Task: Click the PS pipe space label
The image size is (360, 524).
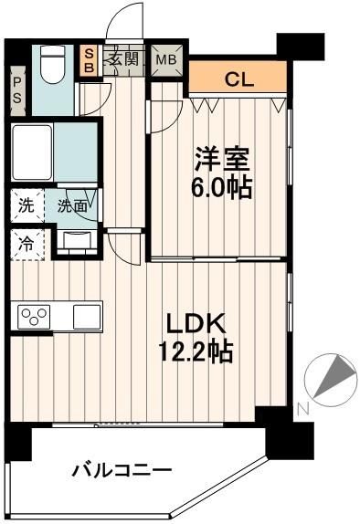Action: [17, 93]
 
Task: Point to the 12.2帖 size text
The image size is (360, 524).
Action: [198, 351]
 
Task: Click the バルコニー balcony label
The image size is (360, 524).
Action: [122, 471]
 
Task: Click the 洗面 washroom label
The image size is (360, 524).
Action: [73, 205]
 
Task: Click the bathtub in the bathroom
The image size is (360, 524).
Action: [35, 151]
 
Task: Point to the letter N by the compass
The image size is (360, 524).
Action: [303, 408]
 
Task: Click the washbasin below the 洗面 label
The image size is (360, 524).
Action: [77, 241]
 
